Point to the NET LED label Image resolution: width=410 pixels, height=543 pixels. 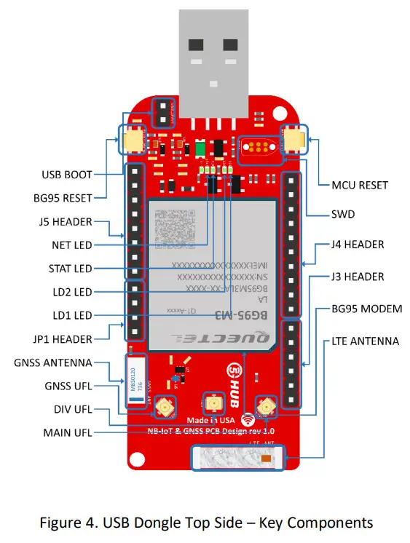coord(72,245)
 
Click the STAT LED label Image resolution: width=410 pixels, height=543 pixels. coord(70,269)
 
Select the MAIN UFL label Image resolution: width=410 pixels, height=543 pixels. coord(66,434)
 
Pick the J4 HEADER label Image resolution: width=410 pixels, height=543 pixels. coord(357,245)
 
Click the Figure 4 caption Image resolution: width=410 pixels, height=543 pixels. coord(205,523)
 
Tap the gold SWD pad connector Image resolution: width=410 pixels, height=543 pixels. coord(258,148)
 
